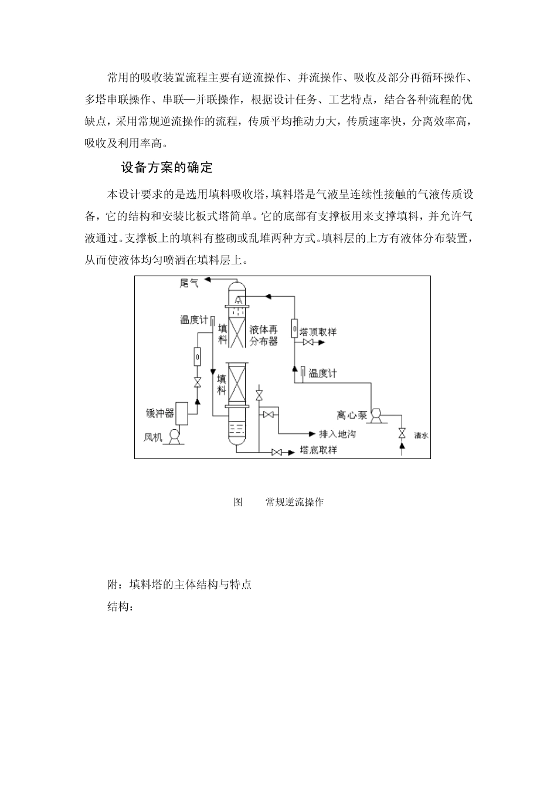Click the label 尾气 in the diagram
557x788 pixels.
coord(189,284)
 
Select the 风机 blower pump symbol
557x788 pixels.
coord(174,436)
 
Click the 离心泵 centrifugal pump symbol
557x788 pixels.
coord(376,416)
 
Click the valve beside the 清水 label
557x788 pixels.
coord(402,434)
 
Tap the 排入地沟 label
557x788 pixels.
coord(337,434)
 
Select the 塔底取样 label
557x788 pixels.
coord(318,450)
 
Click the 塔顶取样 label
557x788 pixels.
coord(318,332)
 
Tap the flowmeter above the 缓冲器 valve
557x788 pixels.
coord(197,356)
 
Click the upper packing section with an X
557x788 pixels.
coord(237,333)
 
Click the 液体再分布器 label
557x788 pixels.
coord(264,335)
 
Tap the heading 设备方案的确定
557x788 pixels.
coord(167,168)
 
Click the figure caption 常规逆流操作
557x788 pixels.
coord(294,502)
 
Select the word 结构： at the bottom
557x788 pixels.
coord(121,607)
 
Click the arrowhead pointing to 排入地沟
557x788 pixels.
coord(312,434)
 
